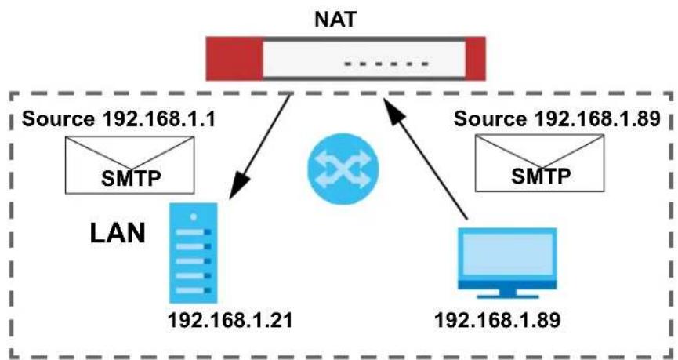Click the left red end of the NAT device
pos(234,58)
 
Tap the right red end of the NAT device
pos(475,58)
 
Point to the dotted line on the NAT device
pos(386,64)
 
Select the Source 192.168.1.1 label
pos(118,119)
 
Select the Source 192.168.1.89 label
pos(557,119)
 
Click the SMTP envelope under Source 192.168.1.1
pos(129,165)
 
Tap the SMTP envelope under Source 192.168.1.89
pos(539,162)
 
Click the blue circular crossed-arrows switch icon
pos(343,169)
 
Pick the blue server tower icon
pos(194,253)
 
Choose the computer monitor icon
pos(508,263)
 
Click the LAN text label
pos(118,234)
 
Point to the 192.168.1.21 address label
pos(230,321)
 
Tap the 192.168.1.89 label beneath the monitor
pos(497,321)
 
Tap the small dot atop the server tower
pos(194,216)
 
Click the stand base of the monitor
pos(508,296)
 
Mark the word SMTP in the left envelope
pos(129,178)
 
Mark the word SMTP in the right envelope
pos(539,176)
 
